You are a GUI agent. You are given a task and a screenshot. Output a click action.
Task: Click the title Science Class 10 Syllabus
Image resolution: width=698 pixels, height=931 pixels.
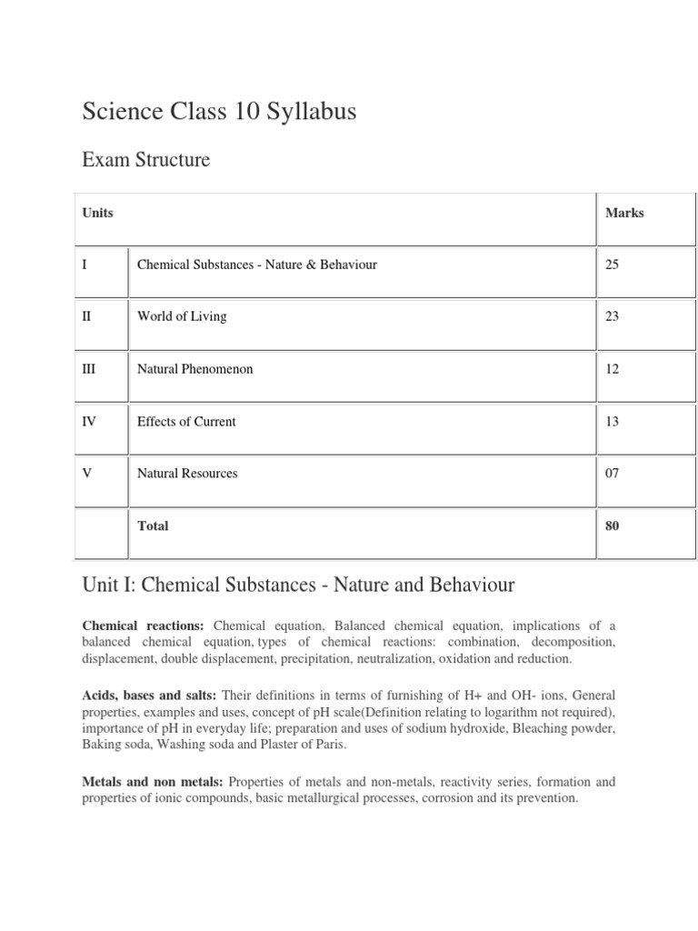tap(219, 113)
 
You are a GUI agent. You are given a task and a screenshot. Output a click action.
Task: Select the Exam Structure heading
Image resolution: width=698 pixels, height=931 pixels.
tap(145, 160)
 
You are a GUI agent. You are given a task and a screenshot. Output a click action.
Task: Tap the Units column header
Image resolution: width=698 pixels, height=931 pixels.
tap(98, 213)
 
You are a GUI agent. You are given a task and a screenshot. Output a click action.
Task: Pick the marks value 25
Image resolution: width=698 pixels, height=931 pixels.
tap(612, 265)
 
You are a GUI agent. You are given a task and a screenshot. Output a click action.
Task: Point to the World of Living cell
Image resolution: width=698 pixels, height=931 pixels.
tap(182, 316)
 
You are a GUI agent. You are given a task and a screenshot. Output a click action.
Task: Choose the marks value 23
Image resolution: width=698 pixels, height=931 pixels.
tap(612, 316)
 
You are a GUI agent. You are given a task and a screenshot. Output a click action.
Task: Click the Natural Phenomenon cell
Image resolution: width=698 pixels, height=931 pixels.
tap(194, 369)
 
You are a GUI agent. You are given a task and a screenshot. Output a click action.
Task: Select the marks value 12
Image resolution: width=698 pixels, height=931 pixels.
tap(612, 369)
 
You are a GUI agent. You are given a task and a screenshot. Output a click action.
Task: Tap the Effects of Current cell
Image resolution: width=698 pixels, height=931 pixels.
tap(186, 421)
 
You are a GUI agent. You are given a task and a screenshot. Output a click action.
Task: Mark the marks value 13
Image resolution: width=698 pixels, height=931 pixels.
tap(612, 421)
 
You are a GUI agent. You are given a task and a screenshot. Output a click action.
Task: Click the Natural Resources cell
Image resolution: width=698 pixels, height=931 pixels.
tap(187, 473)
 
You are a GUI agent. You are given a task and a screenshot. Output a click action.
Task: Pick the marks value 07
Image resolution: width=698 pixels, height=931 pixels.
tap(612, 473)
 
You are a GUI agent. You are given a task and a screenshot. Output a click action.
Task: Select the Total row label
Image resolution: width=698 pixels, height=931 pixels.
tap(153, 526)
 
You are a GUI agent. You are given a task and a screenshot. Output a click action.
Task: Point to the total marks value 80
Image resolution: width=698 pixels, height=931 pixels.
tap(612, 526)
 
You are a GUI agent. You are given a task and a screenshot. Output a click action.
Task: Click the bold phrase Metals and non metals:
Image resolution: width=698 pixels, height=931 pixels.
tap(153, 782)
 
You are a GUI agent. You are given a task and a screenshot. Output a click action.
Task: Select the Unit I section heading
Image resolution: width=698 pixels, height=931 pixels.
tap(298, 586)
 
